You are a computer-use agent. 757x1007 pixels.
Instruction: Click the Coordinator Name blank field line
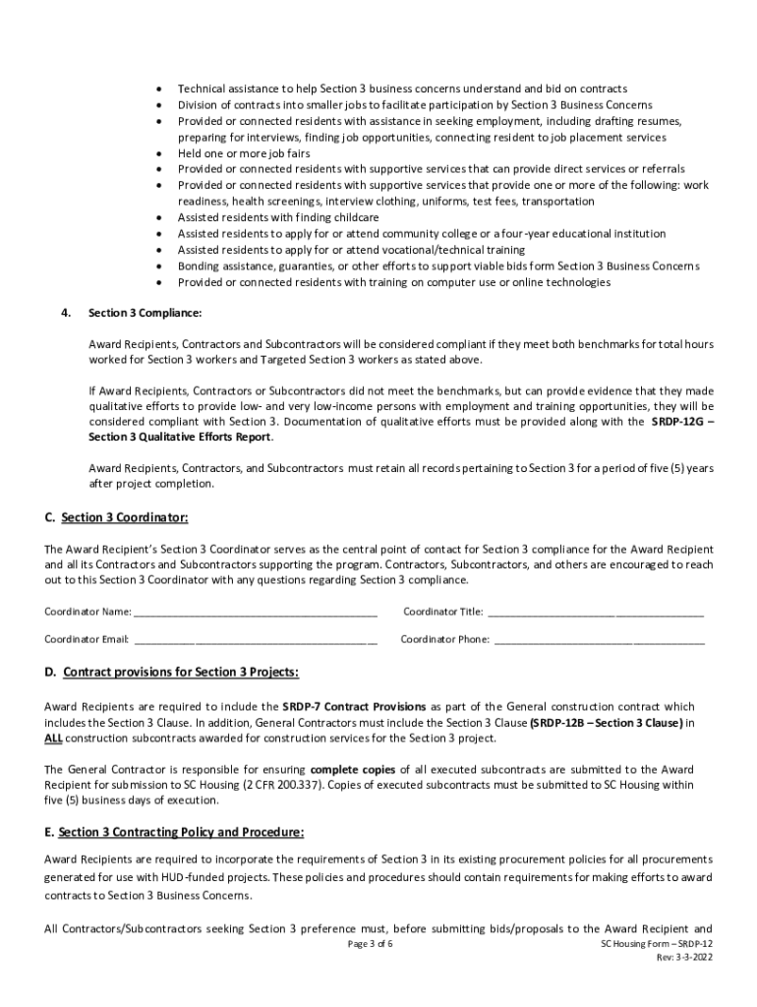pos(256,613)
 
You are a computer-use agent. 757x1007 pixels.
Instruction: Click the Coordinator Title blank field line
pos(596,613)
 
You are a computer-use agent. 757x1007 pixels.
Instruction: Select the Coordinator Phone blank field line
pos(599,640)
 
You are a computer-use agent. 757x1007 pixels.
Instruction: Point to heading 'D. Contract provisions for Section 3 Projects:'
pos(171,672)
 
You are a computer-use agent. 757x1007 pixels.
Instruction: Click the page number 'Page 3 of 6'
pos(378,943)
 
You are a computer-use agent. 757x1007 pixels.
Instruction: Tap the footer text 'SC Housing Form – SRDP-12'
pos(656,943)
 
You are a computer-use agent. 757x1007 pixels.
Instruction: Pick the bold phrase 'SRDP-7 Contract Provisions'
pos(354,706)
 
